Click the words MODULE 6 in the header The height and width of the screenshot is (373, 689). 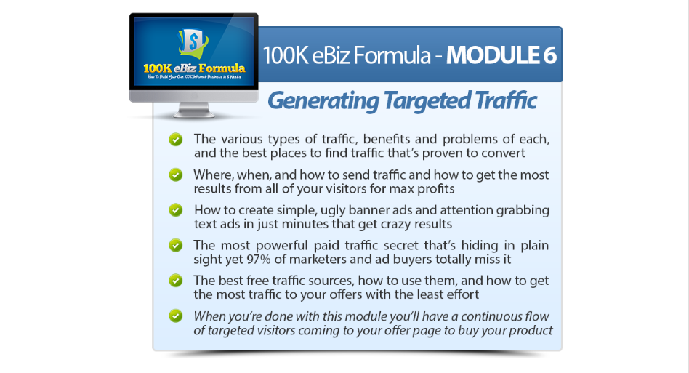point(501,56)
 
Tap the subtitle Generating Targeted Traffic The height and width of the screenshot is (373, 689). point(402,100)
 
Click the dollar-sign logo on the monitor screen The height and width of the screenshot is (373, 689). point(193,43)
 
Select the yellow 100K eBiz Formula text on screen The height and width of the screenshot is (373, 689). point(194,68)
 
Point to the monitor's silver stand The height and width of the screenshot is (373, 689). point(194,110)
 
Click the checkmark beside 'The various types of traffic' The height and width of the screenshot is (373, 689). point(176,140)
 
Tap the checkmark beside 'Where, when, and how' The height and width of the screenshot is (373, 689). point(176,175)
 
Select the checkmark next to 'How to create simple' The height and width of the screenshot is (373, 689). point(176,210)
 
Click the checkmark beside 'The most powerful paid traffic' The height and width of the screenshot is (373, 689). point(176,245)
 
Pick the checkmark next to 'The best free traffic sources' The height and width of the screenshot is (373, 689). point(176,281)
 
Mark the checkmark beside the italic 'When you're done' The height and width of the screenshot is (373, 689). point(176,316)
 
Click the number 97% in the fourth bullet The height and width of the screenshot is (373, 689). point(259,260)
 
